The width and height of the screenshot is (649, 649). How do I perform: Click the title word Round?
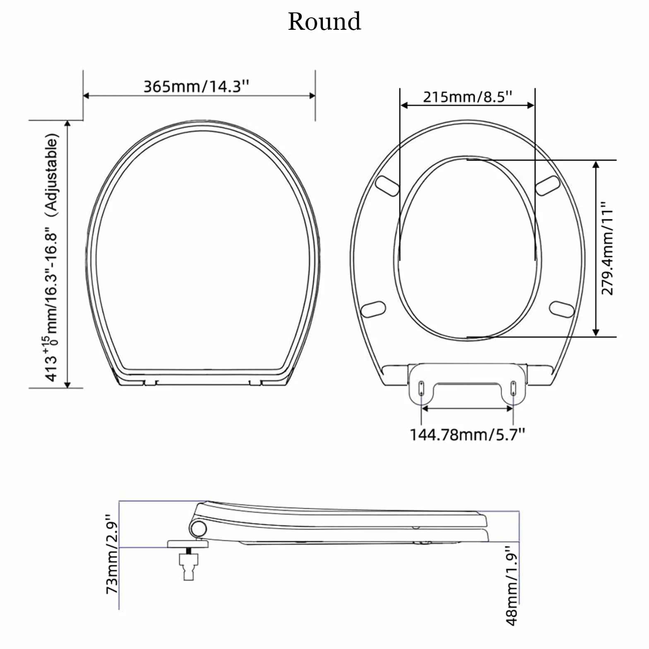[x=324, y=22]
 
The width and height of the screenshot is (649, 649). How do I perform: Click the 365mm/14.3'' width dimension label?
[x=197, y=87]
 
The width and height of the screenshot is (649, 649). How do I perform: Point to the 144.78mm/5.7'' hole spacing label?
[x=467, y=435]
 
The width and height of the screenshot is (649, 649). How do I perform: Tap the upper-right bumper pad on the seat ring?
[x=548, y=185]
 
